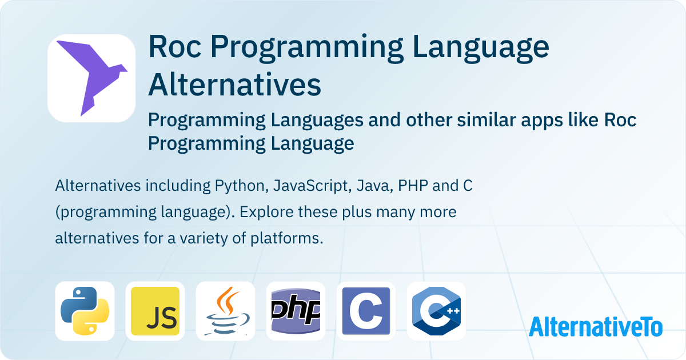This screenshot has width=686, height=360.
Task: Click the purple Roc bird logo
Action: tap(91, 78)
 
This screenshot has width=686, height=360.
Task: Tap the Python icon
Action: tap(85, 311)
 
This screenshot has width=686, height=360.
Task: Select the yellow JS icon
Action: tap(155, 311)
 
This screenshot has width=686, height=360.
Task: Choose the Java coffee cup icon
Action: tap(225, 311)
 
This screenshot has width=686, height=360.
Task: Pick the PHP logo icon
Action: tap(296, 311)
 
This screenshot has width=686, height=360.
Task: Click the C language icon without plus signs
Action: tap(366, 311)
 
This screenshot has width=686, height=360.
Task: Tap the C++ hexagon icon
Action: tap(436, 311)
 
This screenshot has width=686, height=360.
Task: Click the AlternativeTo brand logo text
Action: tap(596, 326)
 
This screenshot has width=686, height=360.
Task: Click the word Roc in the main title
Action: tap(172, 48)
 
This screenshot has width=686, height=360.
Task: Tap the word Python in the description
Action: tap(240, 186)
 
